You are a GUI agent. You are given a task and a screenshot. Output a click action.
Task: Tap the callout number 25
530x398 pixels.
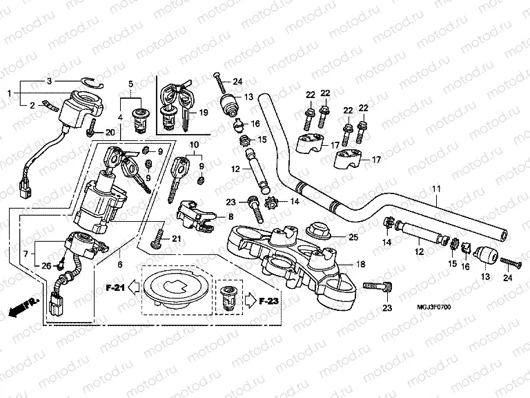[x=353, y=238]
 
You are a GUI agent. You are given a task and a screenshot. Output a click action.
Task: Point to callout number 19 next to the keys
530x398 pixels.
[x=203, y=112]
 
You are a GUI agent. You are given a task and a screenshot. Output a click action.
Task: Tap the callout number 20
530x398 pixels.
[x=110, y=132]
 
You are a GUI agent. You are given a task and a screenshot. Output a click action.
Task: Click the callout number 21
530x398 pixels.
[x=176, y=239]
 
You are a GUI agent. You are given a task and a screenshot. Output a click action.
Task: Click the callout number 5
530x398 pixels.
[x=130, y=84]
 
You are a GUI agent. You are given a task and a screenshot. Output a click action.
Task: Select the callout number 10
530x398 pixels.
[x=195, y=144]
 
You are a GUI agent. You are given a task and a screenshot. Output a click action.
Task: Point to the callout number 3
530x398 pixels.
[x=49, y=82]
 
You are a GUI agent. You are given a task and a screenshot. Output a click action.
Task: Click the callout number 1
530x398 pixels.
[x=9, y=93]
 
